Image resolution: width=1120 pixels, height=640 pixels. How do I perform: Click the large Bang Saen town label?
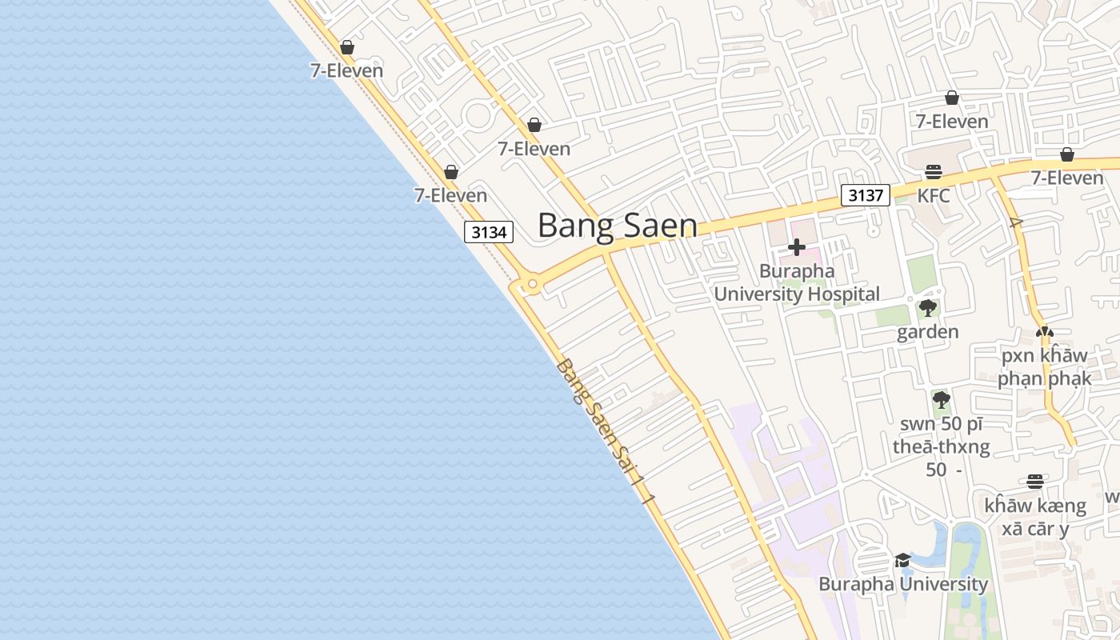pos(617,226)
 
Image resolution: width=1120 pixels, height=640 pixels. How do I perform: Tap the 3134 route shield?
pos(489,232)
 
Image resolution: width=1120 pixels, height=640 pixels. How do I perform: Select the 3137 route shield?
pos(866,195)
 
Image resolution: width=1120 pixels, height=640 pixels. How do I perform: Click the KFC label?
pos(933,195)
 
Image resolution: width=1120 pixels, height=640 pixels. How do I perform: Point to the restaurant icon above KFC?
pos(933,171)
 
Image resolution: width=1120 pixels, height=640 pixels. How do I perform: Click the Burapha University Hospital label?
pos(796,282)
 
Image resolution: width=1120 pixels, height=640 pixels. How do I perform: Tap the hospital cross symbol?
pos(797,247)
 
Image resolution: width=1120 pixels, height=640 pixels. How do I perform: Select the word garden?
pos(927,332)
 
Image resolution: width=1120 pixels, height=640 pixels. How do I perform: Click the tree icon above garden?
pos(928,308)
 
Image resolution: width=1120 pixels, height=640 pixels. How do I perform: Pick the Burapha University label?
pos(902,584)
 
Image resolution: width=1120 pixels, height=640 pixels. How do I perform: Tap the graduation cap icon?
pos(902,560)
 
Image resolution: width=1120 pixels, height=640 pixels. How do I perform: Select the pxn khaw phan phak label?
pos(1044,366)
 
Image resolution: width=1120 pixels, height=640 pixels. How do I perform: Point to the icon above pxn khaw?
pos(1044,331)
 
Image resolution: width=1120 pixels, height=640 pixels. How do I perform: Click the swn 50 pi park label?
pos(941,446)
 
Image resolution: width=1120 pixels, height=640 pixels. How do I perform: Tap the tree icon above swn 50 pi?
pos(941,399)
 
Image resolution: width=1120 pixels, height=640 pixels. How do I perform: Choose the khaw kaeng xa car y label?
pos(1035,517)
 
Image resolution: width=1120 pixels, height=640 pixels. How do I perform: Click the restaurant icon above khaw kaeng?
pos(1035,482)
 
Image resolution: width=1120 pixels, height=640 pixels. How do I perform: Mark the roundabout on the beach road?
pos(529,284)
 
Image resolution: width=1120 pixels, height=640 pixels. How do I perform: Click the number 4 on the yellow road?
pos(1016,222)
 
